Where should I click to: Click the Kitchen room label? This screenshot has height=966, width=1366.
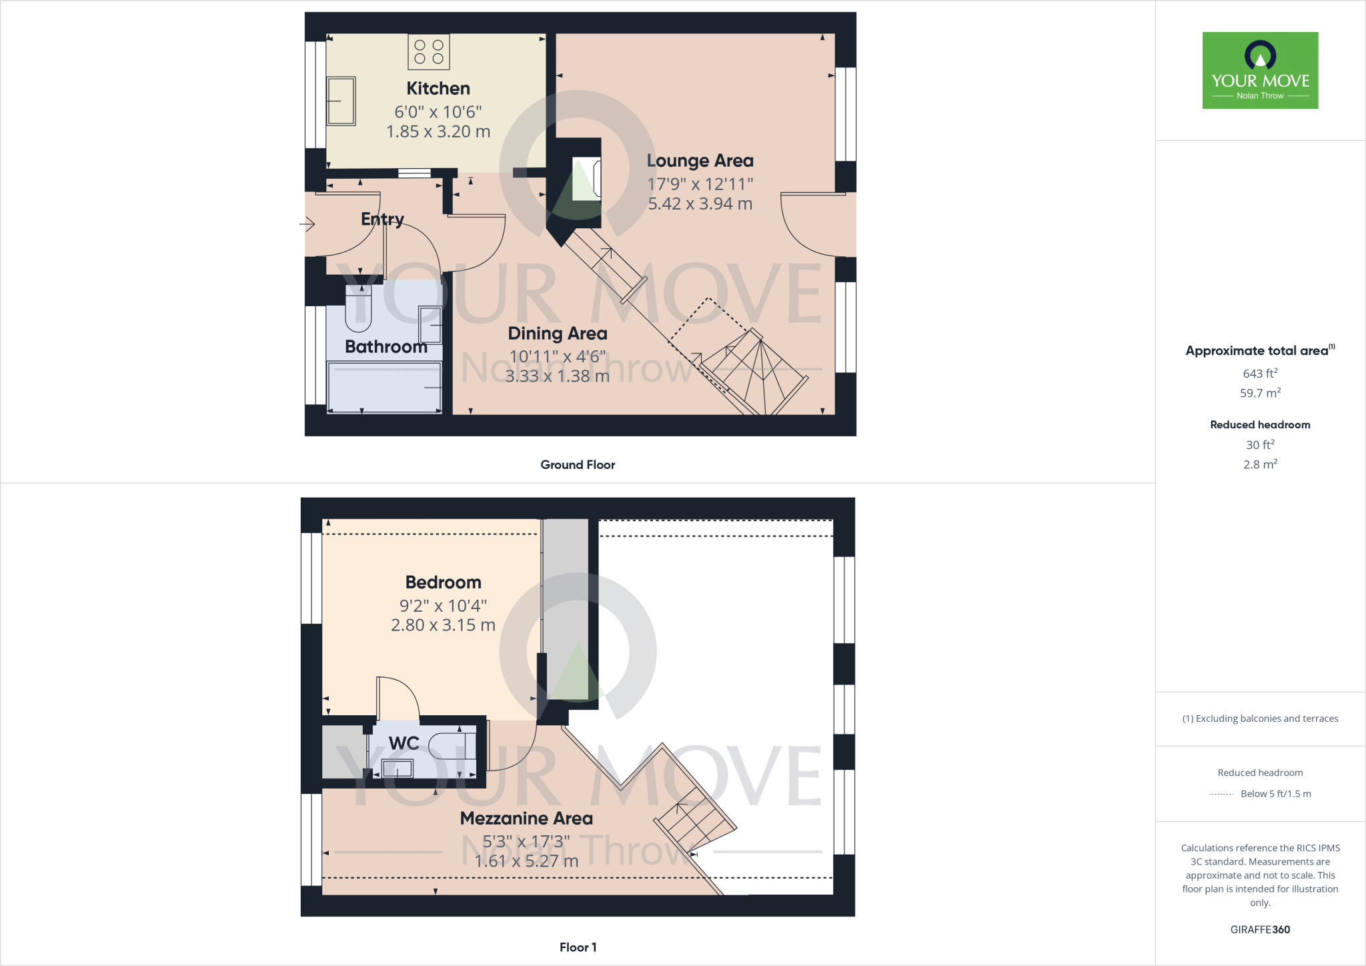[x=438, y=89]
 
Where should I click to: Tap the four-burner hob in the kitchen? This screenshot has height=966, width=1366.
[x=429, y=52]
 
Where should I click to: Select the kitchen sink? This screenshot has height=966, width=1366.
[x=341, y=101]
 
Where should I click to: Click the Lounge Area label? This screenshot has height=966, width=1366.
[x=700, y=161]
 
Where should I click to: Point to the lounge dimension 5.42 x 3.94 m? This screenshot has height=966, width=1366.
[x=700, y=203]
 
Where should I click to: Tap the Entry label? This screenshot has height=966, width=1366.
[x=382, y=219]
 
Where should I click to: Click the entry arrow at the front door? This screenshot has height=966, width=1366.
[x=307, y=224]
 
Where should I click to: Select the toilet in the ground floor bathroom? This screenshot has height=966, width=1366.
[x=358, y=308]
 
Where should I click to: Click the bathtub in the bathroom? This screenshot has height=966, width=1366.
[x=384, y=388]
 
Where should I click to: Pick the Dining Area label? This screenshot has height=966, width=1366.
[x=558, y=334]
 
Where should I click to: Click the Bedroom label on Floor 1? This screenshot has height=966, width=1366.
[x=443, y=582]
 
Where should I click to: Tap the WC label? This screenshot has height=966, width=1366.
[x=404, y=743]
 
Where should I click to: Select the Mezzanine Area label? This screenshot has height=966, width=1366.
[x=526, y=819]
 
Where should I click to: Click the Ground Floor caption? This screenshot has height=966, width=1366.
[x=578, y=465]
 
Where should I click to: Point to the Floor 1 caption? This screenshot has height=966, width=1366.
[x=578, y=947]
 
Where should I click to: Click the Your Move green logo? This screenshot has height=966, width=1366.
[x=1260, y=70]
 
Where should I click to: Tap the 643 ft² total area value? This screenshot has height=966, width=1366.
[x=1260, y=374]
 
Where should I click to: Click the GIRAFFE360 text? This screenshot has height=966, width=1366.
[x=1260, y=929]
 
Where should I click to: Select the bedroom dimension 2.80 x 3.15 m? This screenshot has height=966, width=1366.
[x=443, y=625]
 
